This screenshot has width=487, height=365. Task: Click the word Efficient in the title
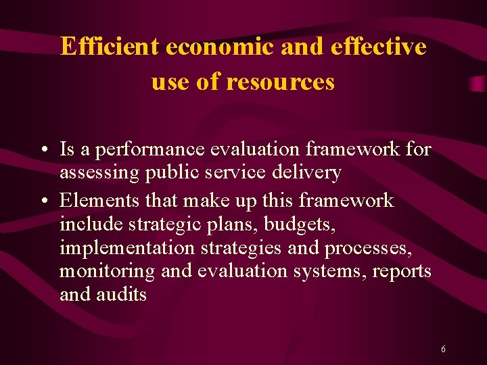[109, 46]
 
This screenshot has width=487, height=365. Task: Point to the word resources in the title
[280, 82]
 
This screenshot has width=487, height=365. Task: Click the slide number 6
[443, 349]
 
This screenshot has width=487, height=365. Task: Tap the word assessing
[100, 173]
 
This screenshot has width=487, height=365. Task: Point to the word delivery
[308, 173]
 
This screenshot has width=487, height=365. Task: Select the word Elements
[95, 201]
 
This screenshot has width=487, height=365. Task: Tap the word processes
[367, 247]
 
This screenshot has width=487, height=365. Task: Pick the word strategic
[172, 224]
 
